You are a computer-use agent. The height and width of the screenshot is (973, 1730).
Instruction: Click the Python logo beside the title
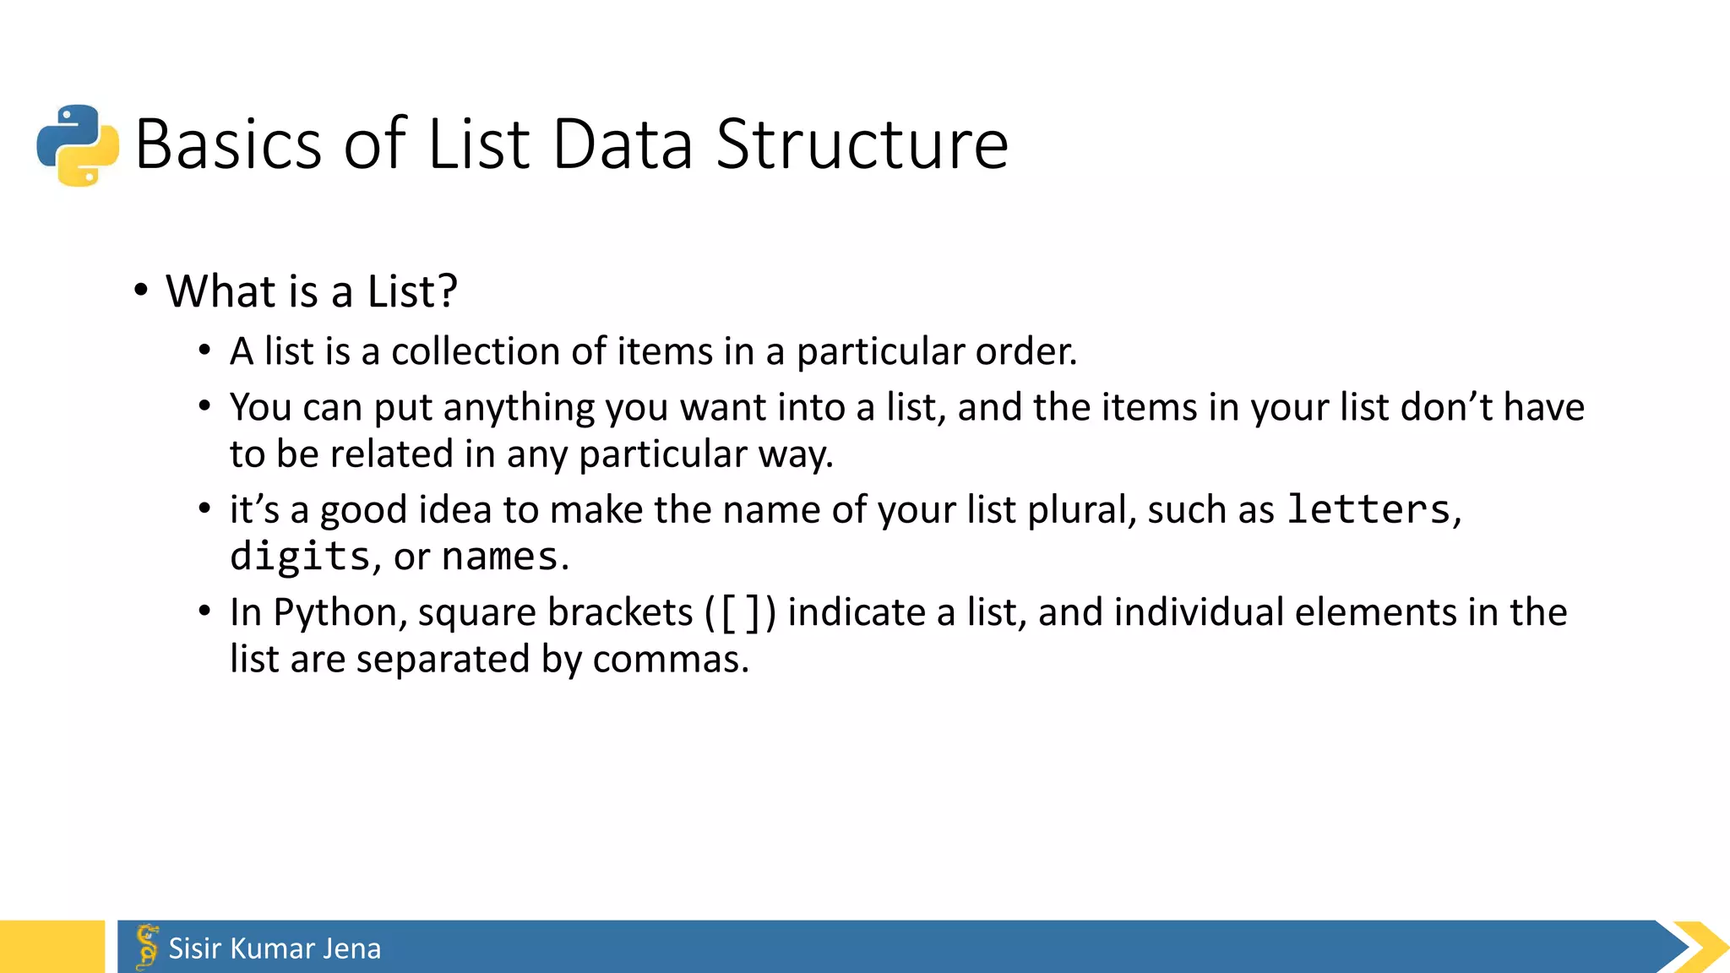(78, 145)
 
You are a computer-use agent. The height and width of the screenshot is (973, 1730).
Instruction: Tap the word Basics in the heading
(228, 145)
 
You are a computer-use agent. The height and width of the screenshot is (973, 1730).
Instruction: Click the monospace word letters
(1368, 509)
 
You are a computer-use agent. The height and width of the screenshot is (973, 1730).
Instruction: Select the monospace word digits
(300, 557)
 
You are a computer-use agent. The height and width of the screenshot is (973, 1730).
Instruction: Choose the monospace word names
(499, 557)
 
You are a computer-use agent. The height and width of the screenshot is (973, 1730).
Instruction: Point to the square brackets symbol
(740, 613)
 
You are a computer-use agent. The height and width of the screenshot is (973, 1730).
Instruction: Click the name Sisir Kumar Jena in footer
(275, 949)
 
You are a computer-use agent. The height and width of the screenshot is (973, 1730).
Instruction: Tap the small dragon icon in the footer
(147, 946)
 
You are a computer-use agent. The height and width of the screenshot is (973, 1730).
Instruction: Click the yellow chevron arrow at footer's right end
(1701, 947)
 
